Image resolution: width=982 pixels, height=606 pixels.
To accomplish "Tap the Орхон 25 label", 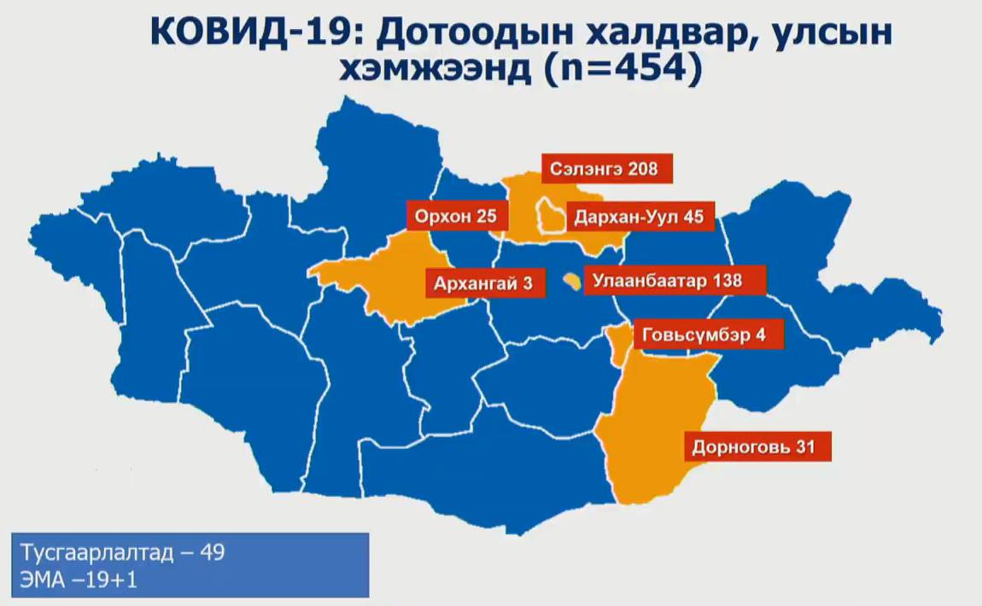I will point(455,217).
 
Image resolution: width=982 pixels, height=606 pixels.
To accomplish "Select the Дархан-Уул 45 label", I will point(639,217).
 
